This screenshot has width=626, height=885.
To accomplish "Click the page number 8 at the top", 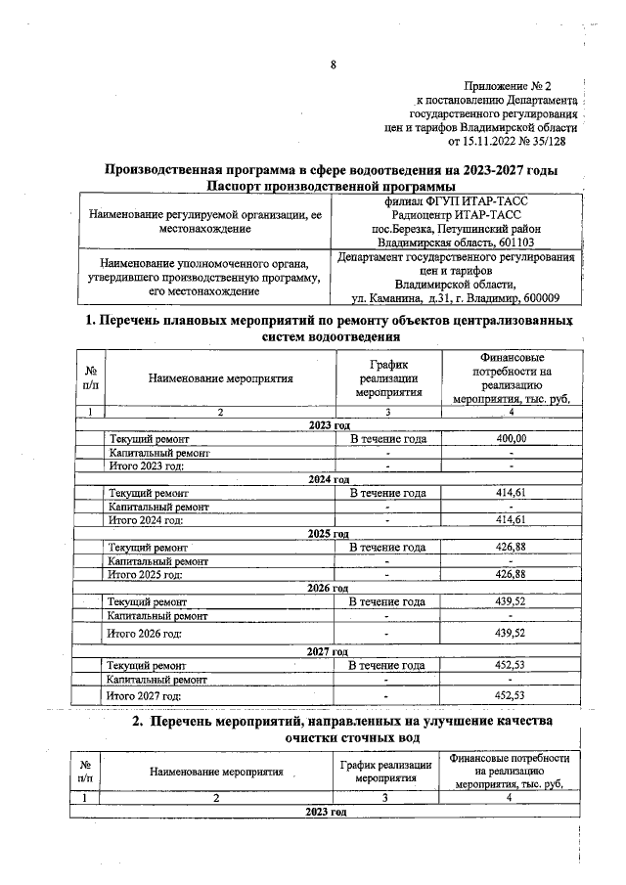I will (333, 66).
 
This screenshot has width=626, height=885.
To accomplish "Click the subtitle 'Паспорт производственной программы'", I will (332, 186).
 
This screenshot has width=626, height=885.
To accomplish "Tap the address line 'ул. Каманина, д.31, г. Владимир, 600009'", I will (456, 297).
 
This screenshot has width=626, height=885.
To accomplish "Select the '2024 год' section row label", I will (329, 479).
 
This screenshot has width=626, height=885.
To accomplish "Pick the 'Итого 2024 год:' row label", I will (148, 519).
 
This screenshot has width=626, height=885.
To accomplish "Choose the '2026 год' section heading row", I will (329, 588).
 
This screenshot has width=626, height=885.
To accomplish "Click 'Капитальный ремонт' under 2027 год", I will (157, 679).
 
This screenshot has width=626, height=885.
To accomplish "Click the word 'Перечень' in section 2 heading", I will (201, 721).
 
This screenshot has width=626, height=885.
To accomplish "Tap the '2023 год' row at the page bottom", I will (327, 813).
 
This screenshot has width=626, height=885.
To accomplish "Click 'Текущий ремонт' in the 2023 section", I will (149, 439).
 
